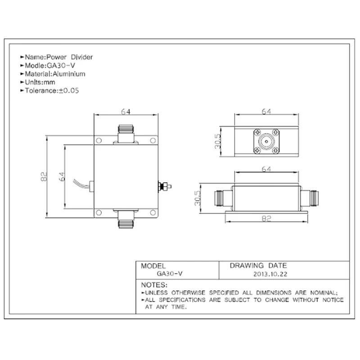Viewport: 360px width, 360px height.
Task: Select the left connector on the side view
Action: tap(222, 197)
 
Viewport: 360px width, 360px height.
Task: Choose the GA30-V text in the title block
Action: tap(169, 273)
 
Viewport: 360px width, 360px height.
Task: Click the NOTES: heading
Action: tap(154, 285)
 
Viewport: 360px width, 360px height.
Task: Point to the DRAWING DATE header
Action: tap(258, 265)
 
